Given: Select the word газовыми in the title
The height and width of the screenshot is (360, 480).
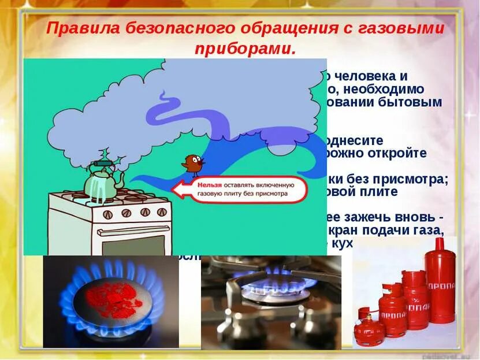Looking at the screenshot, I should click(400, 29).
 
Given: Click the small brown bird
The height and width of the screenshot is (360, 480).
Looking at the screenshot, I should click(194, 165).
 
